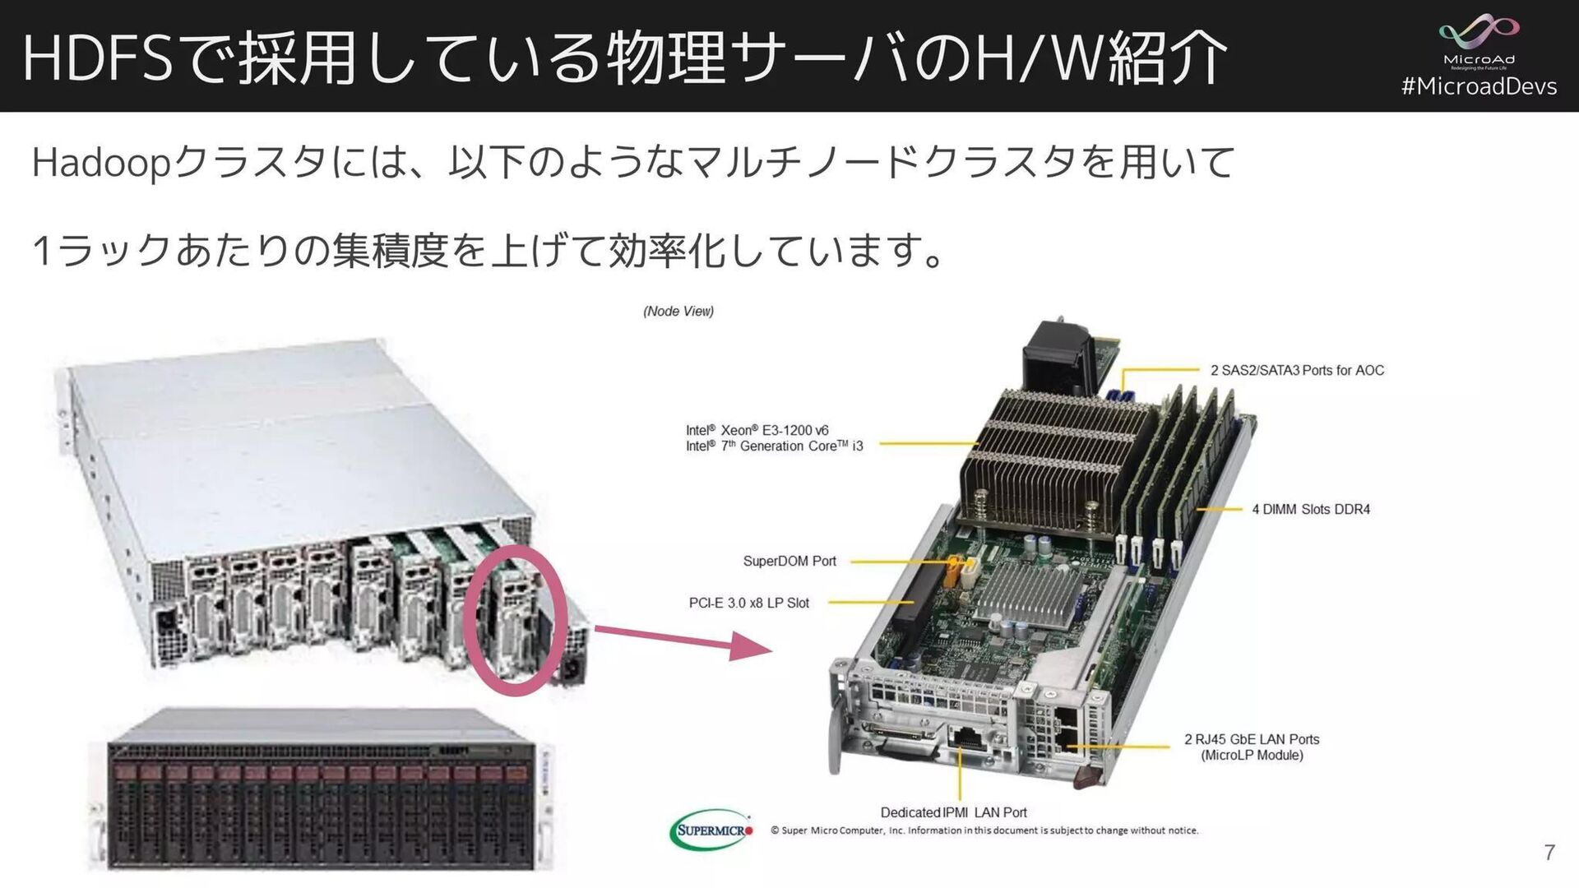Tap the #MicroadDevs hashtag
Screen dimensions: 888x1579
(x=1479, y=86)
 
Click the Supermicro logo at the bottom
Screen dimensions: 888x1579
(x=711, y=830)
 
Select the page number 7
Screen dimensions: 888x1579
(x=1549, y=853)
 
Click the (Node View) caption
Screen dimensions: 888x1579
(x=678, y=311)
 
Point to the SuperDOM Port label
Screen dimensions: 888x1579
(x=789, y=561)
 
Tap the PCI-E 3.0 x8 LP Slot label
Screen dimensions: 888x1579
(x=748, y=603)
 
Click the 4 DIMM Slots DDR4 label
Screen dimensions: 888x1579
(x=1311, y=509)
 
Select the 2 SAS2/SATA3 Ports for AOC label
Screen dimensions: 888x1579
(x=1297, y=370)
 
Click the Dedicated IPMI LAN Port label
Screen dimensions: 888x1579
(x=953, y=812)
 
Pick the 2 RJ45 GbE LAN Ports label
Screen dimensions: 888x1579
(x=1252, y=739)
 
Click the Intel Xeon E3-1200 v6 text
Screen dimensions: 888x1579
(x=757, y=430)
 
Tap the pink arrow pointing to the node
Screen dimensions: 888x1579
(x=683, y=640)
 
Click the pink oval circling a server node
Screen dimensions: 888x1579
(x=516, y=620)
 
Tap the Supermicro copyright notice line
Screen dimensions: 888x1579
(x=984, y=830)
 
